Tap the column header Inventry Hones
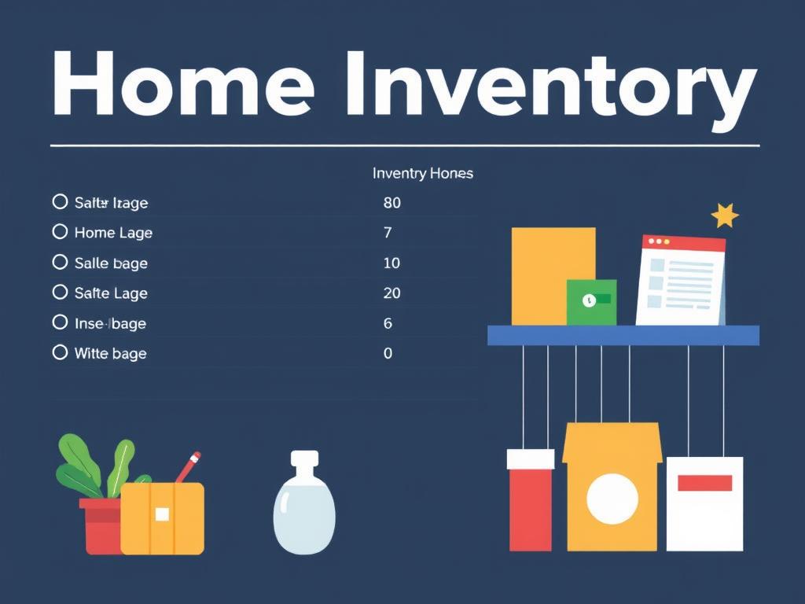(423, 173)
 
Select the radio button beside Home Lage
(60, 232)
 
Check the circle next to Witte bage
(60, 352)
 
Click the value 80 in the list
(391, 203)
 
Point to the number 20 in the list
(391, 293)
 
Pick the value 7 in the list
(388, 233)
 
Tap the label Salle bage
(111, 263)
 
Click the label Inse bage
(110, 323)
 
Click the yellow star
(724, 215)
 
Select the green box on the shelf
(591, 302)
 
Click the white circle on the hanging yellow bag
(612, 499)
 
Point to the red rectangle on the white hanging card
(704, 483)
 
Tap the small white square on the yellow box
(162, 514)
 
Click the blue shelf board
(623, 336)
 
